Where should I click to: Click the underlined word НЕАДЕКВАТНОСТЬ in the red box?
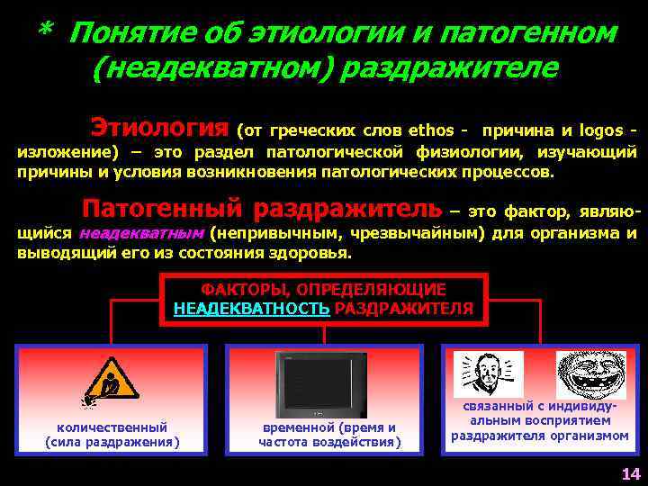(x=251, y=308)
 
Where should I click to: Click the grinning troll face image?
(x=590, y=374)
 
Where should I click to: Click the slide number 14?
(x=629, y=473)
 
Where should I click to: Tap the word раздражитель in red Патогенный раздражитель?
(x=346, y=209)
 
